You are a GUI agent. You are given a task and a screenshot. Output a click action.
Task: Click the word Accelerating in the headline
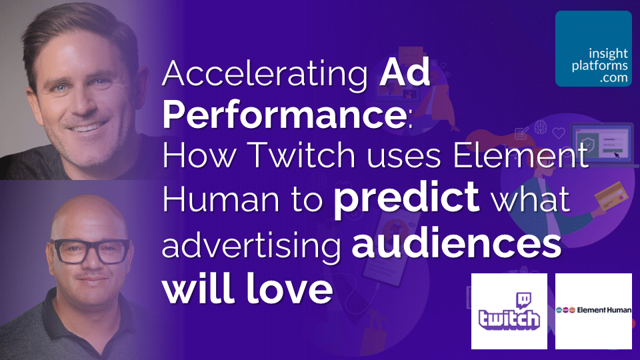[x=265, y=73]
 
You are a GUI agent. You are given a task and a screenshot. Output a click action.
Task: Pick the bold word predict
[x=407, y=199]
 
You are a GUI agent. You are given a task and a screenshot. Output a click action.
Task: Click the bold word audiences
[x=457, y=244]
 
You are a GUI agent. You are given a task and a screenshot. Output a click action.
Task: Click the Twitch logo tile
[x=509, y=311]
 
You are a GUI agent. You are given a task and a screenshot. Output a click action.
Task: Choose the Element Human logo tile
[x=593, y=311]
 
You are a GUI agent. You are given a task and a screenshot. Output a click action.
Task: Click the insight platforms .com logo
[x=593, y=49]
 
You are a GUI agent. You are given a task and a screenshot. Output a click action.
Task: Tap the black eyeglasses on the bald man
[x=92, y=251]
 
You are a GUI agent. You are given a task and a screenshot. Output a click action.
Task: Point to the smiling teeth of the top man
[x=87, y=128]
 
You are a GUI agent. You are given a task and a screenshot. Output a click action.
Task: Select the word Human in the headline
[x=221, y=199]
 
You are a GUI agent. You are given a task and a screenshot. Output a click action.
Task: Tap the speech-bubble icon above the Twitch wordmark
[x=523, y=301]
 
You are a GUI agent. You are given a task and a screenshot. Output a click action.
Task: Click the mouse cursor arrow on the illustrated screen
[x=617, y=155]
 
